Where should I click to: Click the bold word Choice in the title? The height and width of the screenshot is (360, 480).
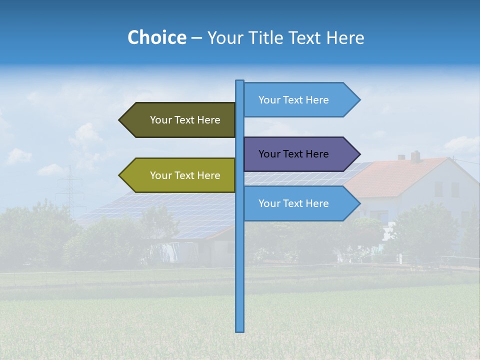[156, 38]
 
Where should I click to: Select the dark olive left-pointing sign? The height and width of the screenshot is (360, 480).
[180, 120]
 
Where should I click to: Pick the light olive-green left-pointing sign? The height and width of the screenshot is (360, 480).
[180, 175]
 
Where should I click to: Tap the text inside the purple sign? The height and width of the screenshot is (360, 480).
[293, 154]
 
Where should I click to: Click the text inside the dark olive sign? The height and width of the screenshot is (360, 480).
[185, 120]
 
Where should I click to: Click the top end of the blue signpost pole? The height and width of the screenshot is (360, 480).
[240, 81]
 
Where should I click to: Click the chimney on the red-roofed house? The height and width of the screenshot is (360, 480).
[415, 156]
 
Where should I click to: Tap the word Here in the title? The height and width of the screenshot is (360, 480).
[345, 38]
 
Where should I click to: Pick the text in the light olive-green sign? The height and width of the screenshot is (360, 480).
[185, 175]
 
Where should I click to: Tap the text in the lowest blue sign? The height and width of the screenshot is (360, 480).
[293, 203]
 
